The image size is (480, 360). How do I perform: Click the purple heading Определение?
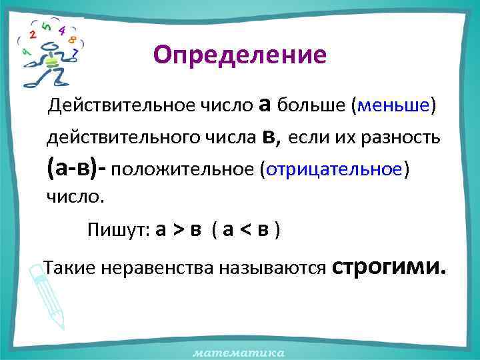(239, 55)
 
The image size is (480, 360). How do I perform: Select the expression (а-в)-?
(77, 168)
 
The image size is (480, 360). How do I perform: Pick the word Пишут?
(118, 230)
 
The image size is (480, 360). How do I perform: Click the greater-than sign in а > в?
(179, 231)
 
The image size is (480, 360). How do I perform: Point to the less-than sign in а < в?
(245, 231)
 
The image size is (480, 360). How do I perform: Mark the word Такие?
(65, 269)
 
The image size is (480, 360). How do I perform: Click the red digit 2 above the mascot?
(33, 34)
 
